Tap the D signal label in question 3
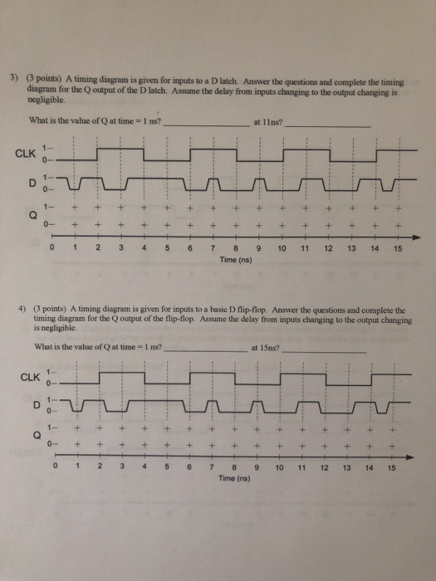[29, 181]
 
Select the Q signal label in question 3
[30, 212]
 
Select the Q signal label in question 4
[36, 436]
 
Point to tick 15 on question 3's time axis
[398, 248]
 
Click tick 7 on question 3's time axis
[213, 248]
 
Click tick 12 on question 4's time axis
[326, 467]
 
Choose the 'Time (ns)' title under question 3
[236, 259]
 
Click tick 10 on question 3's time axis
[282, 248]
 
